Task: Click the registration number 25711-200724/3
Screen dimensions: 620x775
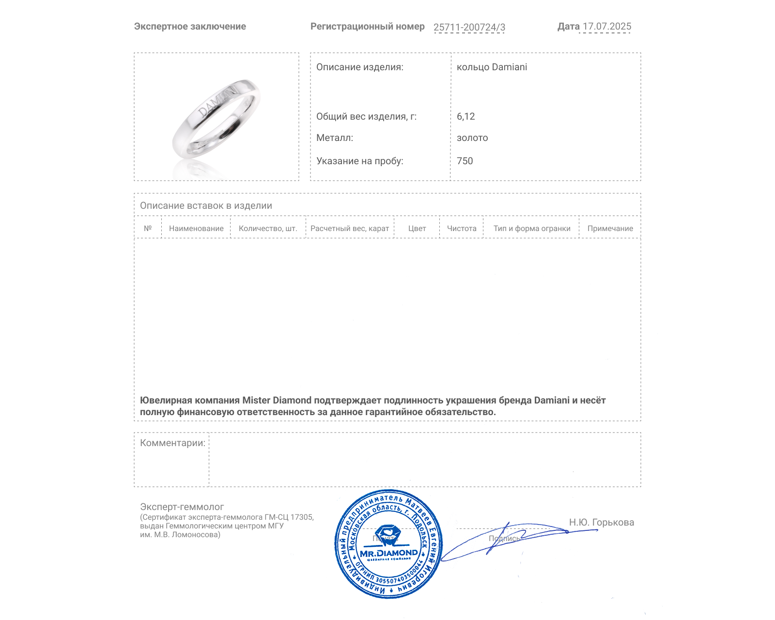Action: (x=469, y=27)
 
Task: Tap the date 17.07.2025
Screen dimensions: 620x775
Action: (x=606, y=27)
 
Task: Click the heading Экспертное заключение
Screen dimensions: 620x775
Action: (x=190, y=27)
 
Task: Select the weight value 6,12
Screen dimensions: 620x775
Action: (x=465, y=116)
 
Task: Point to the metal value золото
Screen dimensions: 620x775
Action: (x=472, y=138)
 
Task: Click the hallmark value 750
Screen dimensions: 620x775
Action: (x=465, y=161)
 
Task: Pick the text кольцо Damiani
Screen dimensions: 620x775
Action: (x=492, y=67)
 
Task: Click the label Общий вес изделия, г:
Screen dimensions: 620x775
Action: (x=366, y=116)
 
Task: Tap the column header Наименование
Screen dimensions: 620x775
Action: (x=196, y=229)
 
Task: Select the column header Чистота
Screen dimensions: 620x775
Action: (x=462, y=229)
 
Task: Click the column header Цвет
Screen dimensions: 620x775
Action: (x=417, y=229)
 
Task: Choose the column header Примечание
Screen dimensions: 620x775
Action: (x=610, y=229)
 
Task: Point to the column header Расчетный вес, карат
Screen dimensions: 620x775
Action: (x=350, y=229)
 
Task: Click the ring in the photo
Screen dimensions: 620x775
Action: (x=216, y=119)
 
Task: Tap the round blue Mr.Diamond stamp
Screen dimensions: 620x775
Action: (x=388, y=544)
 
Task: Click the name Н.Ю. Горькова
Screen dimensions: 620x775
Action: (x=601, y=522)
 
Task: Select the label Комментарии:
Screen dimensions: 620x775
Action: (x=172, y=443)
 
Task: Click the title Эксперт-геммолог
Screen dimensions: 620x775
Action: (x=182, y=507)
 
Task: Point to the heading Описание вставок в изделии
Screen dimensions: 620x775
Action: (x=206, y=205)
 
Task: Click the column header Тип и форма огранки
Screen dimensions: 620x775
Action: (x=532, y=229)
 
